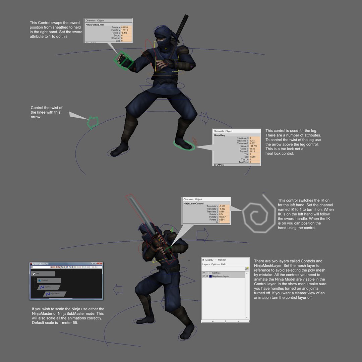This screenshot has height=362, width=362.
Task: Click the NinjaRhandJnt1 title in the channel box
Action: coord(95,25)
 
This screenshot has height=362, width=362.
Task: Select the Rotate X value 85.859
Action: coord(126,27)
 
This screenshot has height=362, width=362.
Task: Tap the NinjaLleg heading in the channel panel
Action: coord(220,135)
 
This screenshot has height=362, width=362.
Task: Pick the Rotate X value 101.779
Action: coord(254,146)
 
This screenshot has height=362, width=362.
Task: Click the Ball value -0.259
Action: coord(254,157)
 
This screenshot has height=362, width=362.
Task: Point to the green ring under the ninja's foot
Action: coord(184,145)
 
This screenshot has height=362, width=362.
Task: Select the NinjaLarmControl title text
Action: coord(193,203)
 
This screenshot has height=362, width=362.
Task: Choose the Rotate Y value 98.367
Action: coord(224,217)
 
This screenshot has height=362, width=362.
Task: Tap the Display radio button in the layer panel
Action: coord(204,260)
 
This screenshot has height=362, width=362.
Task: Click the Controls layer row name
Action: coord(216,273)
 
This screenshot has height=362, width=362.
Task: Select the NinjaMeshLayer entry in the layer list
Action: coord(221,277)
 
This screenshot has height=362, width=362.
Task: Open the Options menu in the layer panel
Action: coord(215,264)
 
